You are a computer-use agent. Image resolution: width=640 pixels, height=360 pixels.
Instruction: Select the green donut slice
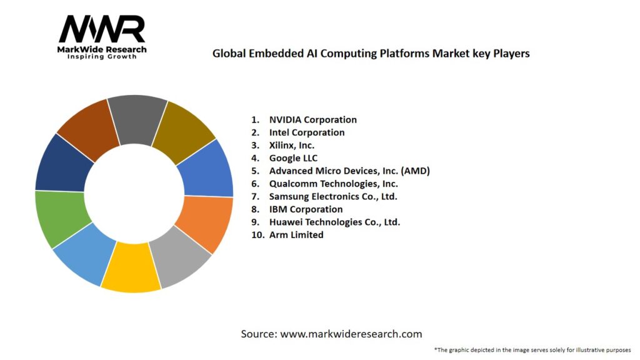(x=59, y=219)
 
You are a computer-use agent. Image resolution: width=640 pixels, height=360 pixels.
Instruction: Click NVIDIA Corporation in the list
(x=312, y=119)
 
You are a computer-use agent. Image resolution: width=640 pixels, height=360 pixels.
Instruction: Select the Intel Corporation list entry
(x=306, y=132)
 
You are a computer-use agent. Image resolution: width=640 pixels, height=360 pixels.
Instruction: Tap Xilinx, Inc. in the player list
(x=291, y=145)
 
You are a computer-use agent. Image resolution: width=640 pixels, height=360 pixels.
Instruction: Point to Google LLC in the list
(x=293, y=158)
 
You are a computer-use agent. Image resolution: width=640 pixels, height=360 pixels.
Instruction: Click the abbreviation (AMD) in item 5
(x=415, y=171)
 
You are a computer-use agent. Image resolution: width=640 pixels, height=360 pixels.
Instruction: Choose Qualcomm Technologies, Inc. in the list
(x=333, y=184)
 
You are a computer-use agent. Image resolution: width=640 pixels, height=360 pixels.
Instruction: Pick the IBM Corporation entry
(x=306, y=209)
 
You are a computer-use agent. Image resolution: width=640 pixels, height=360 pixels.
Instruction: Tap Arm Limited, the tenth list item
(x=296, y=235)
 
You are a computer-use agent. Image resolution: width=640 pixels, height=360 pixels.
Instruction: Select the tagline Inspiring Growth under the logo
(x=102, y=57)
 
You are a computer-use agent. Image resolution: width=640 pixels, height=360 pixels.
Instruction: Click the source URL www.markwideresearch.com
(x=351, y=334)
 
